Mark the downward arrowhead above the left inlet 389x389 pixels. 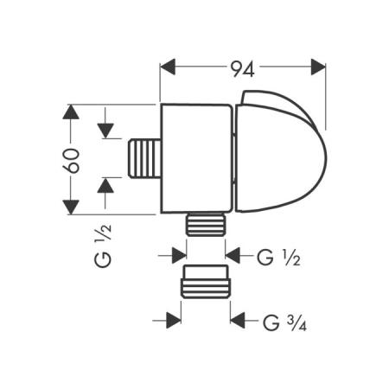pyautogui.click(x=105, y=131)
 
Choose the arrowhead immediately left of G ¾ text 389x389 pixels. pyautogui.click(x=239, y=322)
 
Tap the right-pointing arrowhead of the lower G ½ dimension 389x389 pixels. pyautogui.click(x=178, y=254)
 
